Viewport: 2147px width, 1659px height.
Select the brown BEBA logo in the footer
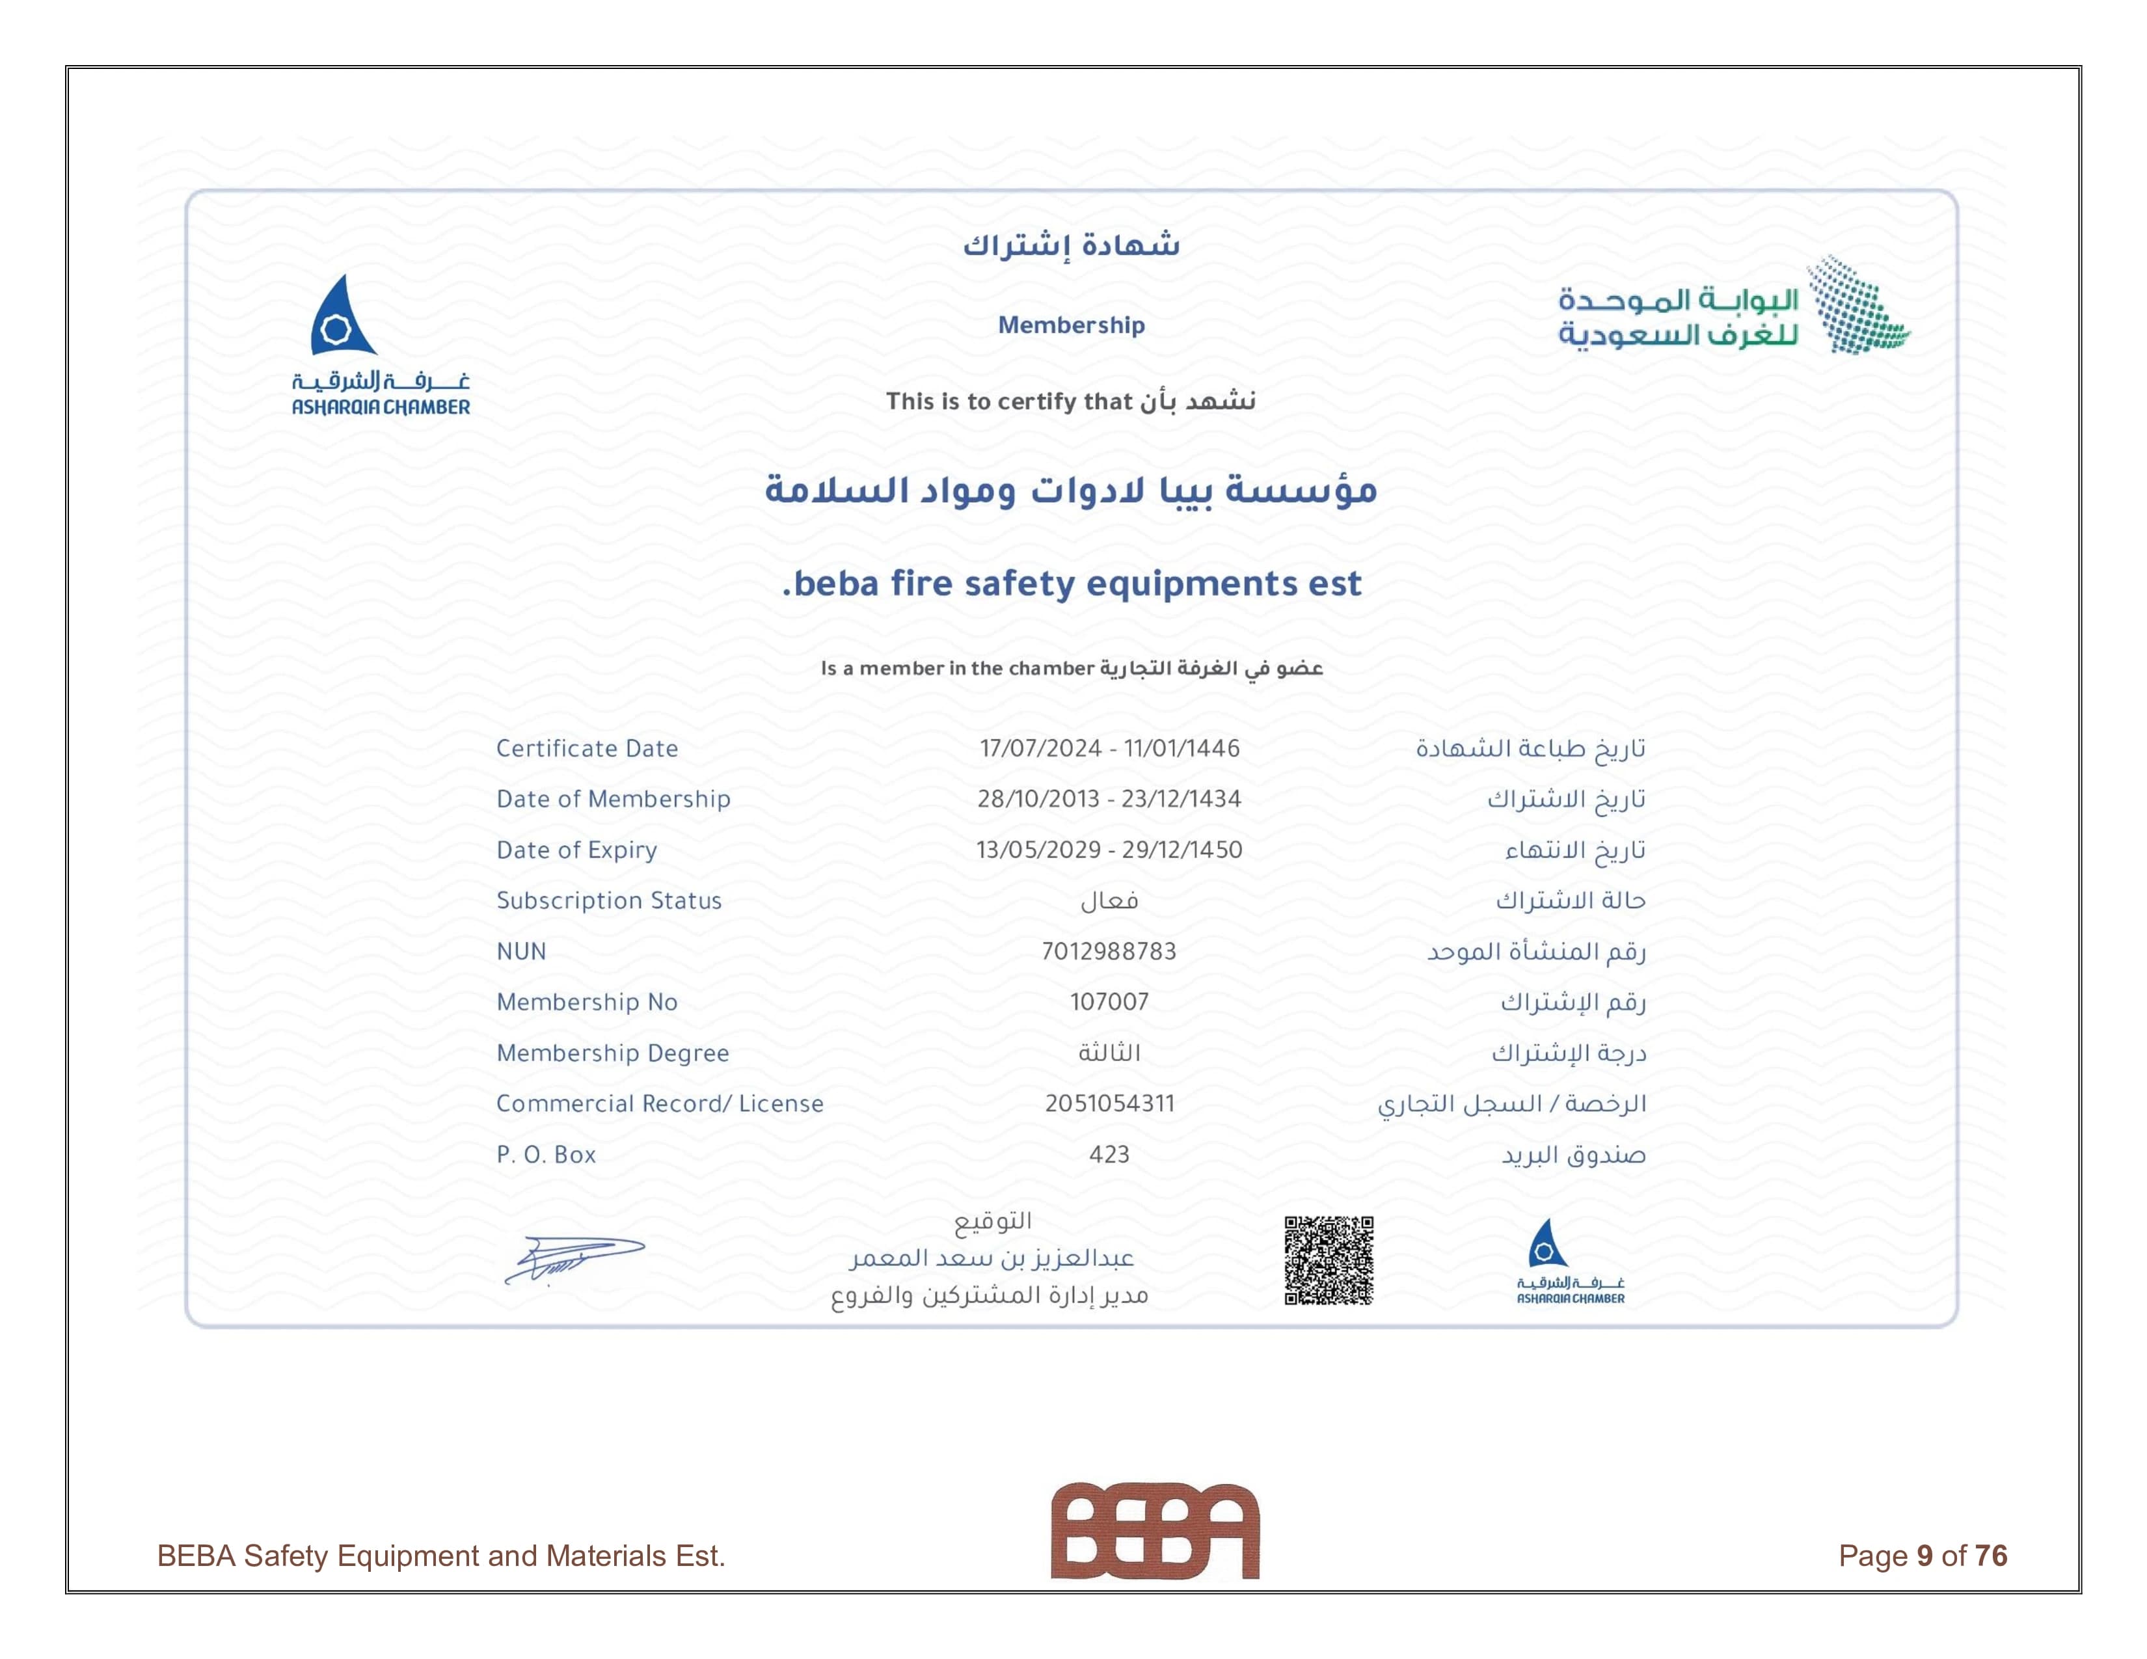point(1154,1530)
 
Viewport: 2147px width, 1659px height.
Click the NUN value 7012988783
point(1109,951)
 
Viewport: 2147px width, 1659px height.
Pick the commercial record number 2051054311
point(1109,1103)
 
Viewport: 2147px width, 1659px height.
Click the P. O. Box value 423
point(1109,1155)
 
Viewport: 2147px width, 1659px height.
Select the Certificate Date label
point(587,749)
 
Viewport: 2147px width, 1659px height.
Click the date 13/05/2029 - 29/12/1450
point(1109,850)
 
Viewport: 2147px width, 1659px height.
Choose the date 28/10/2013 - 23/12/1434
point(1109,799)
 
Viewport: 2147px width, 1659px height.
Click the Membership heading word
point(1072,325)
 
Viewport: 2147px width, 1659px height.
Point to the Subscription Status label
point(608,901)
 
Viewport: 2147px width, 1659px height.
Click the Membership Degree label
point(612,1053)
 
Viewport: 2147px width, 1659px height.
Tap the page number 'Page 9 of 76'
point(1922,1556)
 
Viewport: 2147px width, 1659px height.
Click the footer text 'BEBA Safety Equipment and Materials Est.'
point(440,1556)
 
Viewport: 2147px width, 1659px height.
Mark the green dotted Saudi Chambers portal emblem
point(1856,306)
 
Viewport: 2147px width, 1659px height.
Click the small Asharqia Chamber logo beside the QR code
point(1570,1261)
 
